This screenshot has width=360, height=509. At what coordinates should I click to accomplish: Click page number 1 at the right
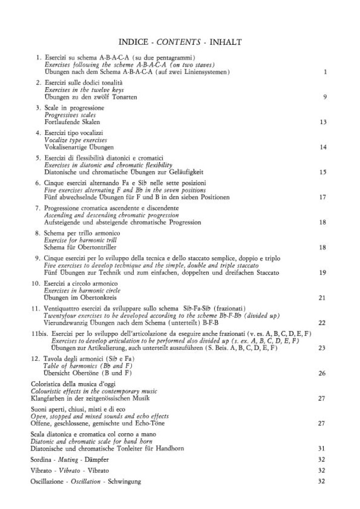point(324,72)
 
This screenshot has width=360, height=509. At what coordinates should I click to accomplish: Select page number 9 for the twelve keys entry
point(324,97)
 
